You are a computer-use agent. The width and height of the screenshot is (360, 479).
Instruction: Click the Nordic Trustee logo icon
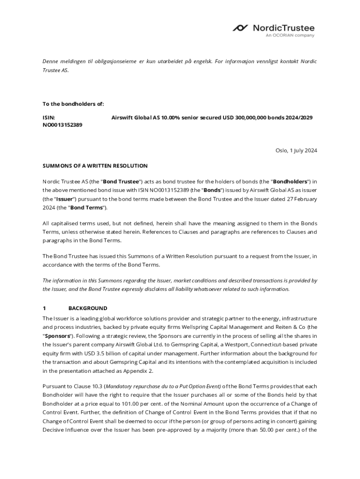(x=241, y=28)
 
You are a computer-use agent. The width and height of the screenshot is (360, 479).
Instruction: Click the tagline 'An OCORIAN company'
(x=290, y=36)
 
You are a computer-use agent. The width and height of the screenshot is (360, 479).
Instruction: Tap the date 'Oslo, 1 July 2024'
(x=296, y=150)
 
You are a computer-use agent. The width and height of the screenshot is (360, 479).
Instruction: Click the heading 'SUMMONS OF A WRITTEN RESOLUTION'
(x=95, y=166)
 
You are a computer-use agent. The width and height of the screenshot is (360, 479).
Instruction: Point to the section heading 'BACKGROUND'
(x=87, y=308)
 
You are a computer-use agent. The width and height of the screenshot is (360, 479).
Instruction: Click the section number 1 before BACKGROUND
(x=44, y=308)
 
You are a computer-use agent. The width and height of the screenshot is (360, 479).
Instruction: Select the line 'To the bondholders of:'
(x=73, y=104)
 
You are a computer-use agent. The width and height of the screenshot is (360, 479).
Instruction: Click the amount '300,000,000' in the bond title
(x=245, y=118)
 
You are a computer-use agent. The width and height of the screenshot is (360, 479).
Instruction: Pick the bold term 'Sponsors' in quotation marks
(x=58, y=336)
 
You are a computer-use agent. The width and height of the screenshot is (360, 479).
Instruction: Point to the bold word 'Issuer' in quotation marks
(x=56, y=199)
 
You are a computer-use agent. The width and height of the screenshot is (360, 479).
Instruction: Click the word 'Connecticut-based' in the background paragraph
(x=269, y=345)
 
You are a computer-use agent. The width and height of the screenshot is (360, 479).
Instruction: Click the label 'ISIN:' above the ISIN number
(x=49, y=118)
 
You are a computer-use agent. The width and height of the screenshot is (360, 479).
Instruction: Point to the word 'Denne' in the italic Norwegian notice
(x=51, y=61)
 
